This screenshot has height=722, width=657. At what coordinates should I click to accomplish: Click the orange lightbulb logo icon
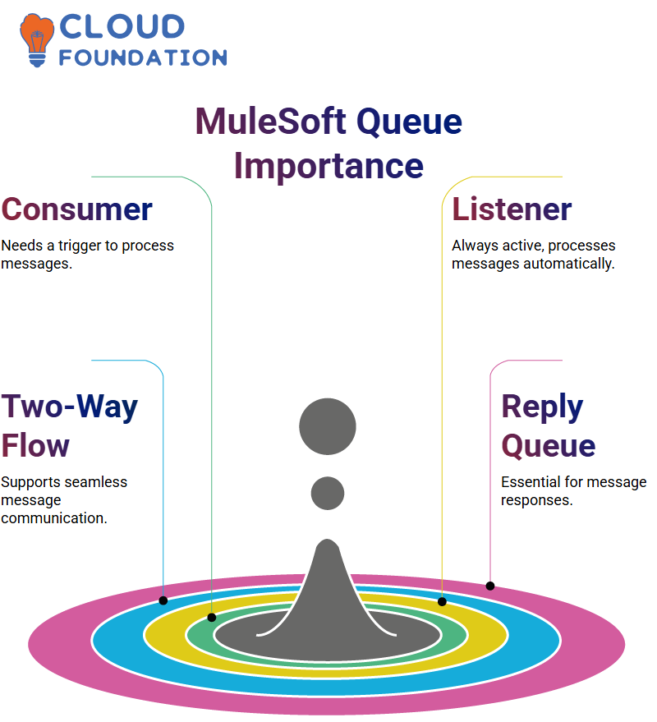[x=36, y=40]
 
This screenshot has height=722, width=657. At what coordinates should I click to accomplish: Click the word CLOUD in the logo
[x=122, y=27]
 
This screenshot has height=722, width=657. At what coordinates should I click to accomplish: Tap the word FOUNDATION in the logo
[x=143, y=57]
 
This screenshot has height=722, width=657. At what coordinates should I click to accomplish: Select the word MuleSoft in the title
[x=271, y=121]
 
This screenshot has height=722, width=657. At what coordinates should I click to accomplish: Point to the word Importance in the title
[x=328, y=166]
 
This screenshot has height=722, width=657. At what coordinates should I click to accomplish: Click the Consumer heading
[x=77, y=209]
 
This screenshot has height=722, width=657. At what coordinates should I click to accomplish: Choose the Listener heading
[x=512, y=209]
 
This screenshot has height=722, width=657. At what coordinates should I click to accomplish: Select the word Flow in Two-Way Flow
[x=35, y=446]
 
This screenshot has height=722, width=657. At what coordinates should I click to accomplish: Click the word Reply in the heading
[x=542, y=407]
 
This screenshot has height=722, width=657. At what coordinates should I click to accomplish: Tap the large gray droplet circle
[x=328, y=426]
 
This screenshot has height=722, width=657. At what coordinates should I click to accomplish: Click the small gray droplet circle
[x=328, y=493]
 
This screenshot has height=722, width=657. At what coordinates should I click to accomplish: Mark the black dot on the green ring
[x=212, y=618]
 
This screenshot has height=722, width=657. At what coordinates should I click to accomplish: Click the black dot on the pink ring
[x=490, y=586]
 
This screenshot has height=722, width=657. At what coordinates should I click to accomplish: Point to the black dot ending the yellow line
[x=442, y=601]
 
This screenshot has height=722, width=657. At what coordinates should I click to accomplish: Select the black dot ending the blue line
[x=163, y=600]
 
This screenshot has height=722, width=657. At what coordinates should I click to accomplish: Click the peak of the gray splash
[x=328, y=540]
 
